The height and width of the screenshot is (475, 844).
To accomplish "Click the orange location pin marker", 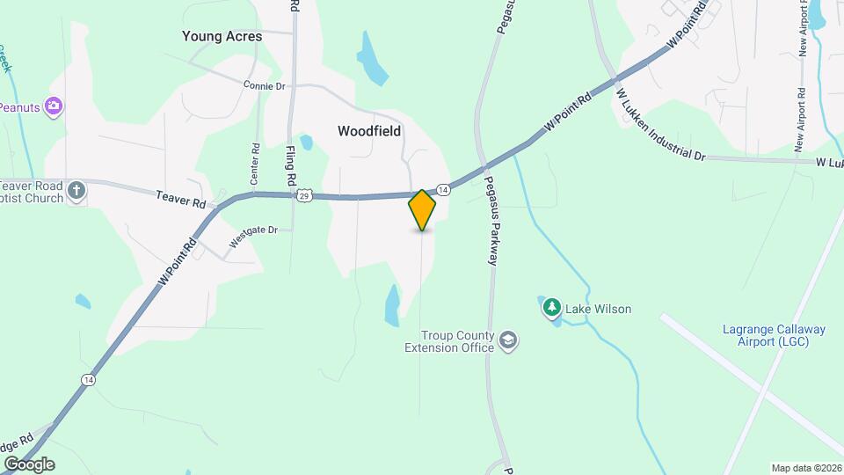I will pos(423,210).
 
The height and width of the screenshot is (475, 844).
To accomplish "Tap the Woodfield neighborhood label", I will pos(369,131).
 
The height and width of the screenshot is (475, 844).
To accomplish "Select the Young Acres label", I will pos(222,37).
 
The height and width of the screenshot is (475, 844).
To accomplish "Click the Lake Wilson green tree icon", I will pos(551,308).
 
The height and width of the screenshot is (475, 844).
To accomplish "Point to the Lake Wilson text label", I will pos(598,309).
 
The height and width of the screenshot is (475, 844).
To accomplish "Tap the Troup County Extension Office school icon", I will pos(508,340).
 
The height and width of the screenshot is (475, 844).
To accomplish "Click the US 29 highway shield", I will pos(304,194).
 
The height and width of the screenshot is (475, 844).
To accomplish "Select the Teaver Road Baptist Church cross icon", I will pos(77,190).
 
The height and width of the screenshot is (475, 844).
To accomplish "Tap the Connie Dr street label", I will pos(265,86).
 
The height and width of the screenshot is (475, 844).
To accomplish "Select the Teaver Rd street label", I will pos(181,199).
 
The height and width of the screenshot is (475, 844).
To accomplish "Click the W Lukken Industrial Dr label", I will pos(659,124).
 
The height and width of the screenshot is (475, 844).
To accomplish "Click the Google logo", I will pos(28,464).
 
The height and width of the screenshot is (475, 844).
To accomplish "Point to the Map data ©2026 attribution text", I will pos(805,468).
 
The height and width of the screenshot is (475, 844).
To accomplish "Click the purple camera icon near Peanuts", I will pos(54,106).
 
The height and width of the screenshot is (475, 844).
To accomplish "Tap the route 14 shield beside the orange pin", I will pos(444,190).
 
